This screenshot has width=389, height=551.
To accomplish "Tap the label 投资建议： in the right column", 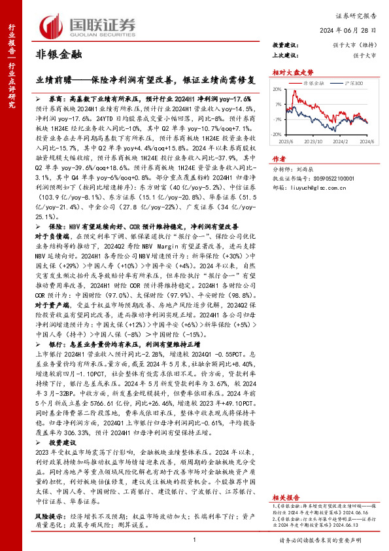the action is pyautogui.click(x=285, y=45).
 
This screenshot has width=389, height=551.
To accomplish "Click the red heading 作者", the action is pyautogui.click(x=279, y=158).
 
